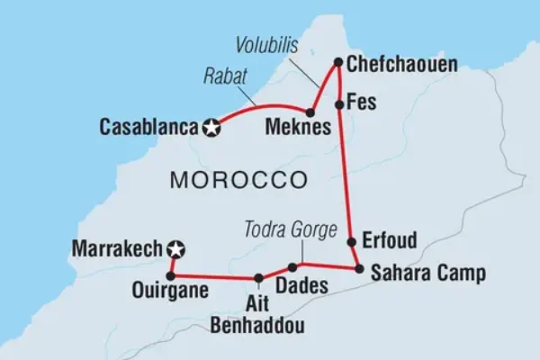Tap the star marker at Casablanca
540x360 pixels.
tap(212, 128)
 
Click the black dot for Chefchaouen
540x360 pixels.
tap(338, 63)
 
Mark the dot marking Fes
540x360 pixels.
tap(339, 104)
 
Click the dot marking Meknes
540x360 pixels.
tap(310, 113)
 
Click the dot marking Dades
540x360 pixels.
tap(292, 267)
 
